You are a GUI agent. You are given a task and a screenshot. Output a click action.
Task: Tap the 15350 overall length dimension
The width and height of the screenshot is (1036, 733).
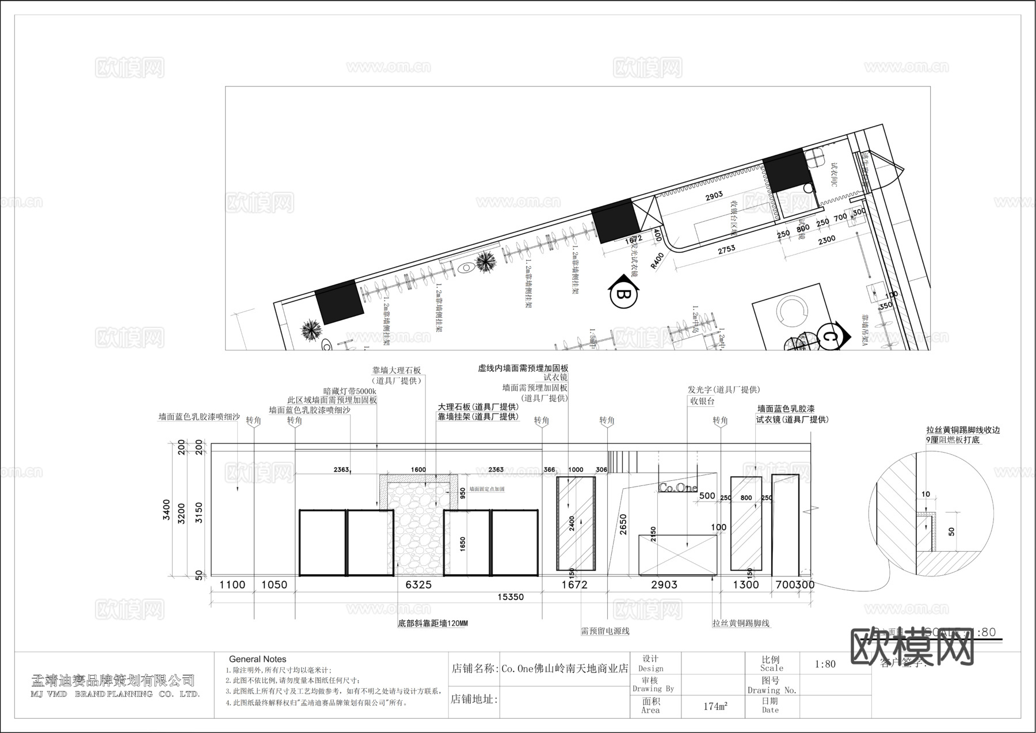(510, 597)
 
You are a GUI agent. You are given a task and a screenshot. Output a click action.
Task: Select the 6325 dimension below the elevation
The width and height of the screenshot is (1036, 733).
(418, 584)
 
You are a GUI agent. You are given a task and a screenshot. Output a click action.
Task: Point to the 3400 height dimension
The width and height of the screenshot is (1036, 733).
(166, 509)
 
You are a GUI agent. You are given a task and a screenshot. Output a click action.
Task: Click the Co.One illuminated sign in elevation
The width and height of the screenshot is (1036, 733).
(677, 488)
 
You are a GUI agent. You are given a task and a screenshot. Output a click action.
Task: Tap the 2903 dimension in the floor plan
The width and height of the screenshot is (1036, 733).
(714, 196)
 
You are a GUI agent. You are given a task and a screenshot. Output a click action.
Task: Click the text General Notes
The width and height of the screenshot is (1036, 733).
(257, 659)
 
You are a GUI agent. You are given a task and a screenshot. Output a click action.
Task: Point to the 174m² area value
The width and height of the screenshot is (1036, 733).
(715, 706)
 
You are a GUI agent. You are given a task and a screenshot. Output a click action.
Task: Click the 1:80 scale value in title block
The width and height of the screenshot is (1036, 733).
(825, 664)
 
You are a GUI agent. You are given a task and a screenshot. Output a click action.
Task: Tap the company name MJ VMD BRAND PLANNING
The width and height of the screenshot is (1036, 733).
(115, 694)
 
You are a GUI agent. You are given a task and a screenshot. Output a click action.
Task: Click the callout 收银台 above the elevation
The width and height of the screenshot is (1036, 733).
(702, 401)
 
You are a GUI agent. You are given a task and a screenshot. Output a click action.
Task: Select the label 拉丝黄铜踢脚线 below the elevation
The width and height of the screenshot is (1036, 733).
(741, 623)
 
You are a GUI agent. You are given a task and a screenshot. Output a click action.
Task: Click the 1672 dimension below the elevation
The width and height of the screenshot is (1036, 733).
(574, 584)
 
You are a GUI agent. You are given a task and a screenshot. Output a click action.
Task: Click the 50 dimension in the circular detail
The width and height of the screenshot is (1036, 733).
(951, 531)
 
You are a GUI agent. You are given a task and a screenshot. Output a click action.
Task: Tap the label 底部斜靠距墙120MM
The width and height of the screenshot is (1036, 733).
(432, 623)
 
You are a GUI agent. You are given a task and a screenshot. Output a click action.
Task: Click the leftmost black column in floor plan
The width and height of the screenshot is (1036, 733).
(339, 302)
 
